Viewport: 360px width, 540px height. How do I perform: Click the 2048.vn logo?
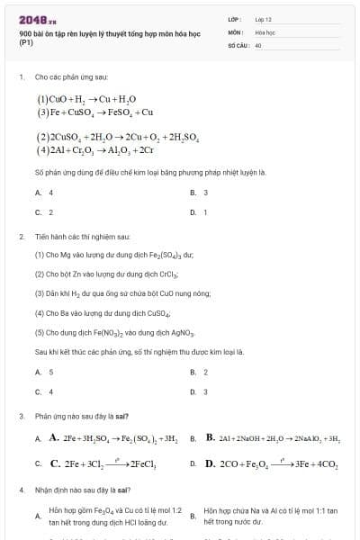[37, 19]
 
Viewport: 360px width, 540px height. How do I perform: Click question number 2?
[21, 236]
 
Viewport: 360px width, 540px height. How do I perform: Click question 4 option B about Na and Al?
[270, 516]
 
